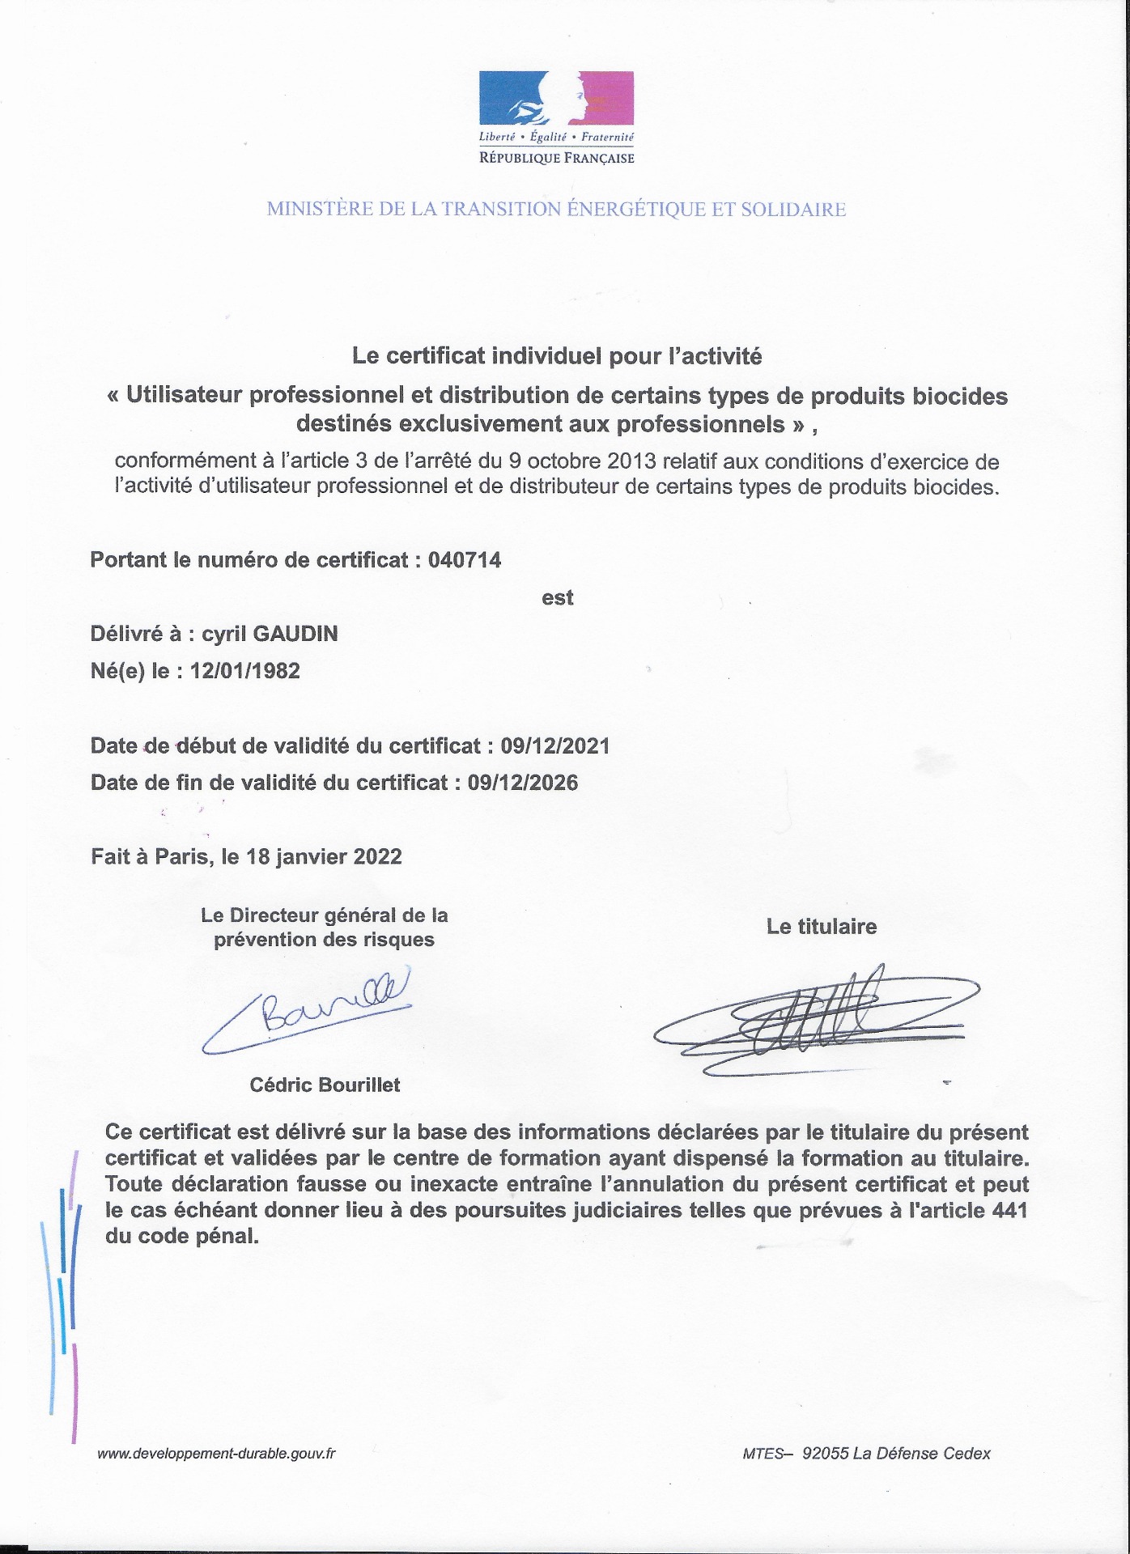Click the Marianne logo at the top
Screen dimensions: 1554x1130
click(x=556, y=98)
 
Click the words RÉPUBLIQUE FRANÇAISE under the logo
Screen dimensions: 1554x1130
click(x=557, y=159)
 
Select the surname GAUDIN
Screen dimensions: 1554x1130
click(x=295, y=635)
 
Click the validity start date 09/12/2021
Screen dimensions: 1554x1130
click(x=554, y=745)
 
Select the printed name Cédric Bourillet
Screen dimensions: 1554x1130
click(x=325, y=1085)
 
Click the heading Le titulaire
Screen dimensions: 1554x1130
click(x=822, y=927)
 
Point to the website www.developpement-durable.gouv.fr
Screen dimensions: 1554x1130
click(x=216, y=1453)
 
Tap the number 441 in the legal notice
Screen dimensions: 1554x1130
click(x=1009, y=1211)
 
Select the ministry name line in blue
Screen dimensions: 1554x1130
click(x=556, y=210)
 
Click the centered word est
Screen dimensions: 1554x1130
click(x=558, y=598)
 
